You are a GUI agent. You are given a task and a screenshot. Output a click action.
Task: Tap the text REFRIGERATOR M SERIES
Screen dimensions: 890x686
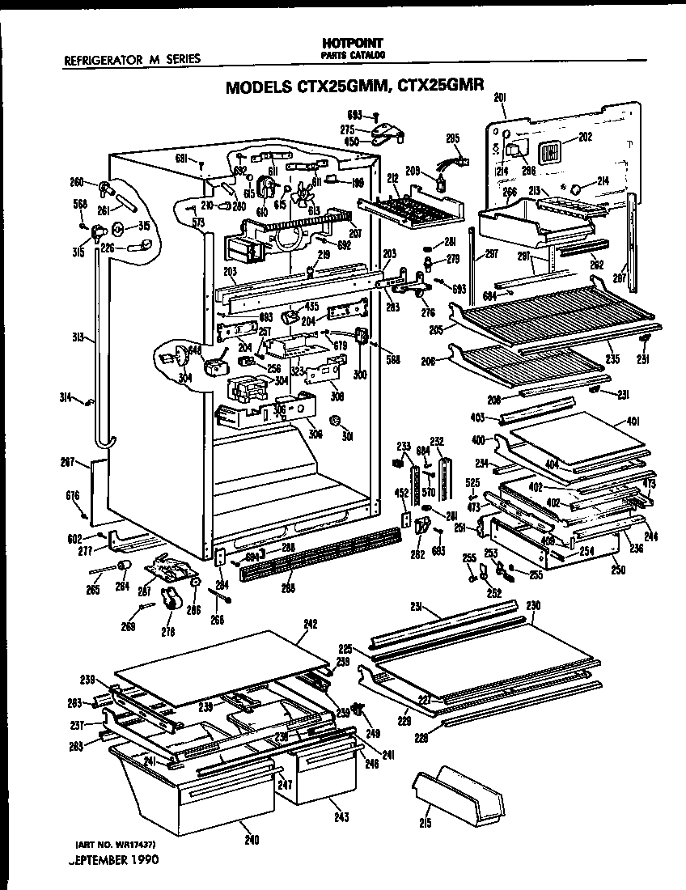pos(132,58)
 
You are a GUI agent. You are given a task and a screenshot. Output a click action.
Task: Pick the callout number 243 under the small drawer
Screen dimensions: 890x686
pos(342,817)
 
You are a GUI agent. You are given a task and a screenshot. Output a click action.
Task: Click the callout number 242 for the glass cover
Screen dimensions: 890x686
pos(310,624)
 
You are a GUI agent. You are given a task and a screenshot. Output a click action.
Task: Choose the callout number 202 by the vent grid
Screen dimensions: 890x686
pos(585,137)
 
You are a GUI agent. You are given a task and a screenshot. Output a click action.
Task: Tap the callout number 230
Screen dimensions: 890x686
pos(533,606)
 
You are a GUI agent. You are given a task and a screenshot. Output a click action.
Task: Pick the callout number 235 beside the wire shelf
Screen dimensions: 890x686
pos(614,357)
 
